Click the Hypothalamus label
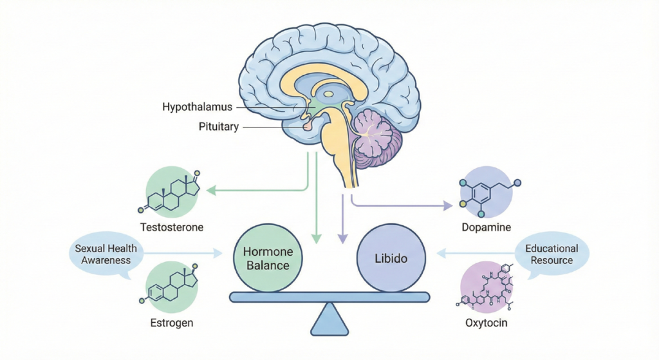click(198, 106)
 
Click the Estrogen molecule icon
click(172, 287)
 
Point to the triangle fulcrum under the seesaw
click(329, 318)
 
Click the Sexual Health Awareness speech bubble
click(102, 254)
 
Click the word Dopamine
click(487, 227)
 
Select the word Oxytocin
click(487, 322)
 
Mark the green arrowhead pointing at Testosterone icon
click(209, 191)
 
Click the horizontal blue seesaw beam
click(329, 297)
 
